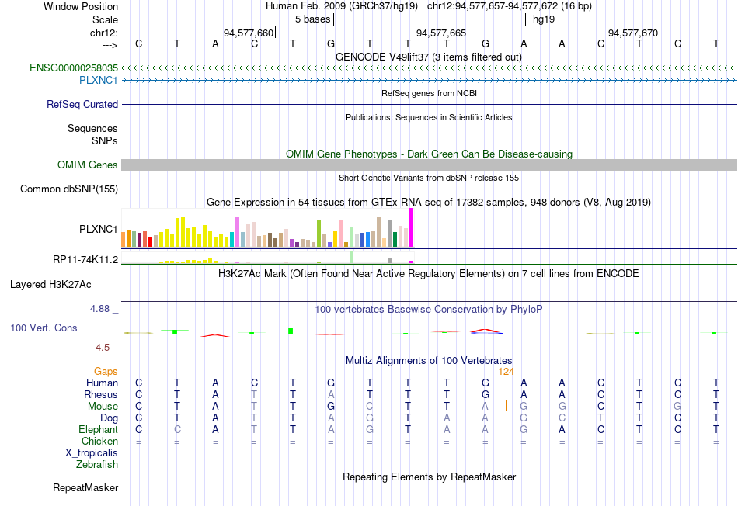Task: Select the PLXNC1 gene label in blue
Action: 98,80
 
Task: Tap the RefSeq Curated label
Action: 82,104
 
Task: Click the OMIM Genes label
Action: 87,165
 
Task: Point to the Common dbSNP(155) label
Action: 69,189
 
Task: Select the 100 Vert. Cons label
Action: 44,328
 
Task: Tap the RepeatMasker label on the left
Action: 85,488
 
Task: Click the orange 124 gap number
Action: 506,372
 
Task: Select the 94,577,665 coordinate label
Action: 441,33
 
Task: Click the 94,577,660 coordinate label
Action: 249,33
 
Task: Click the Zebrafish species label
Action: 97,465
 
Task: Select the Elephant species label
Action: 98,429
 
